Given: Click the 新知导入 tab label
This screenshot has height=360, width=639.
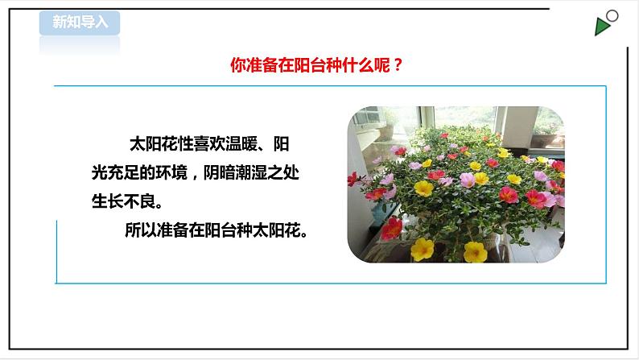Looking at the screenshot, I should point(80,23).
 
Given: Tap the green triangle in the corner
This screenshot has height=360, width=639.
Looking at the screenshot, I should point(602,27).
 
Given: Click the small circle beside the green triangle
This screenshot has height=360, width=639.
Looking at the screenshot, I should point(612,15).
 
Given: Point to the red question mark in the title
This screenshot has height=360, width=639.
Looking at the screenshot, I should point(397,67).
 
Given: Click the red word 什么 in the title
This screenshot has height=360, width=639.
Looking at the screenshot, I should point(354,67).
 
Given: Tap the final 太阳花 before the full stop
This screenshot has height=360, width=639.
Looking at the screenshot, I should point(276,230).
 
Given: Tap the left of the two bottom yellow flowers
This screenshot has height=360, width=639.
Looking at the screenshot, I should point(422,249).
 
